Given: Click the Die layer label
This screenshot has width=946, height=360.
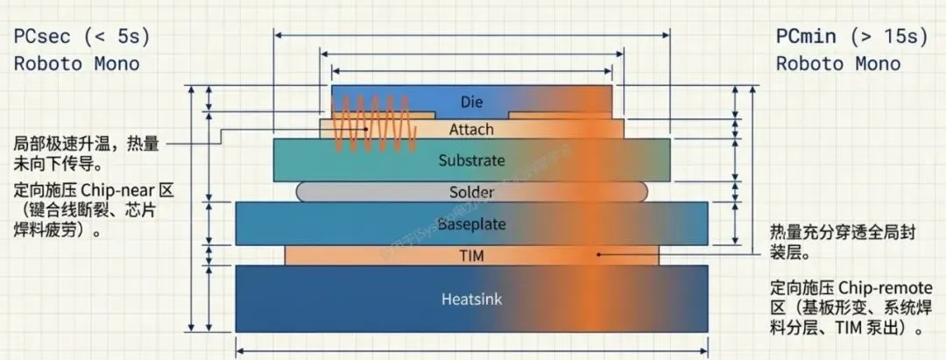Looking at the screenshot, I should [x=471, y=102].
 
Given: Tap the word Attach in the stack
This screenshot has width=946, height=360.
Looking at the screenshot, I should [x=471, y=130].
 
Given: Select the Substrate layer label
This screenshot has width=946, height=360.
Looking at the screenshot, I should [x=471, y=160].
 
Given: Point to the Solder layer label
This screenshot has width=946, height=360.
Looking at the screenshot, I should [x=471, y=191].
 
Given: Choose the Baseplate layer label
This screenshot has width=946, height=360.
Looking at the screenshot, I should [x=471, y=224].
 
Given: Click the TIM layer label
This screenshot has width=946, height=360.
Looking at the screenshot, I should [x=471, y=256].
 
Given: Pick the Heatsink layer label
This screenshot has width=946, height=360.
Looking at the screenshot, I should [x=471, y=299].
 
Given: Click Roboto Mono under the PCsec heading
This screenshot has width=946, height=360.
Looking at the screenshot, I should [x=76, y=64].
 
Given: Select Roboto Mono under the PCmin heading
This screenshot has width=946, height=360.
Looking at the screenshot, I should [x=838, y=64].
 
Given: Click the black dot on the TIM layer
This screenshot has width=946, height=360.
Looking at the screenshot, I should [x=599, y=255].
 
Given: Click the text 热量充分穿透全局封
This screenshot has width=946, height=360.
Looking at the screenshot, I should [x=848, y=232].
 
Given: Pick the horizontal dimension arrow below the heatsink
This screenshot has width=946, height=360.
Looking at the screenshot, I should [x=471, y=351].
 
